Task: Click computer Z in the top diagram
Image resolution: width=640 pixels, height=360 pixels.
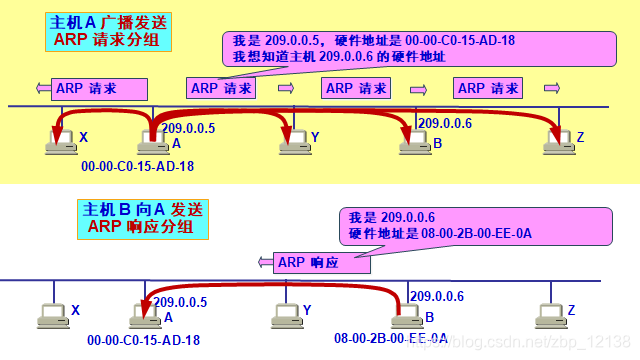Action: [557, 142]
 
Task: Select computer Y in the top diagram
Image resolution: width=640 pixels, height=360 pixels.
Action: [292, 142]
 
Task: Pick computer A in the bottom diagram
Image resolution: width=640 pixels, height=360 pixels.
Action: [145, 315]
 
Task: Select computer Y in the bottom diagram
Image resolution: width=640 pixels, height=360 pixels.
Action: [286, 315]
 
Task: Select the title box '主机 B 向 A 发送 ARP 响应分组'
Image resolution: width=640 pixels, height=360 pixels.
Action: [143, 219]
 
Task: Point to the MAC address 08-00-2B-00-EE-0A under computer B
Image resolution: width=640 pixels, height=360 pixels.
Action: [385, 340]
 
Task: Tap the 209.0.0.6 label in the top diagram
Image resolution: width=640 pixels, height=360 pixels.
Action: [444, 123]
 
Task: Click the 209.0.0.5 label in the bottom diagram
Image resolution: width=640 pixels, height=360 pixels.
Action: [179, 300]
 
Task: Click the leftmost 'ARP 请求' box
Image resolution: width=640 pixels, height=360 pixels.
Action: [86, 88]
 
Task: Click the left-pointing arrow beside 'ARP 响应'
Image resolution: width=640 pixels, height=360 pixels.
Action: [266, 263]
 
